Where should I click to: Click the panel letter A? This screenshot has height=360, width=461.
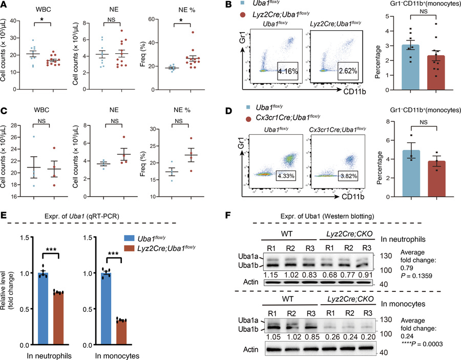pos(5,5)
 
